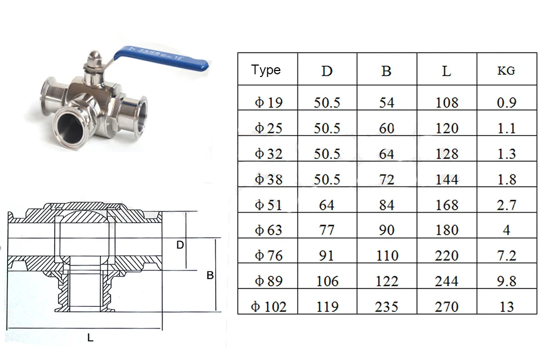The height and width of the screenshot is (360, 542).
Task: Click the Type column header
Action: click(266, 70)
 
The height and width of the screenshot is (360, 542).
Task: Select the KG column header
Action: click(506, 71)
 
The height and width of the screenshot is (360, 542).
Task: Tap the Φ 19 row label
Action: click(269, 102)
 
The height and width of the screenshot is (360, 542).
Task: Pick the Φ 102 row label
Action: click(269, 307)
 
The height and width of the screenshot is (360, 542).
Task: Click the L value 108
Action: click(447, 102)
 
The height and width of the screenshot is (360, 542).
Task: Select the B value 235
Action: click(386, 307)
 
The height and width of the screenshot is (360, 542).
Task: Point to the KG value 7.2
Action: click(506, 255)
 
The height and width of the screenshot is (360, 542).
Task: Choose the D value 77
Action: click(327, 230)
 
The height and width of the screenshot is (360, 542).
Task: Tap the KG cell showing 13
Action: click(506, 307)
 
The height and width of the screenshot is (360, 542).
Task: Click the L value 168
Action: click(447, 205)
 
